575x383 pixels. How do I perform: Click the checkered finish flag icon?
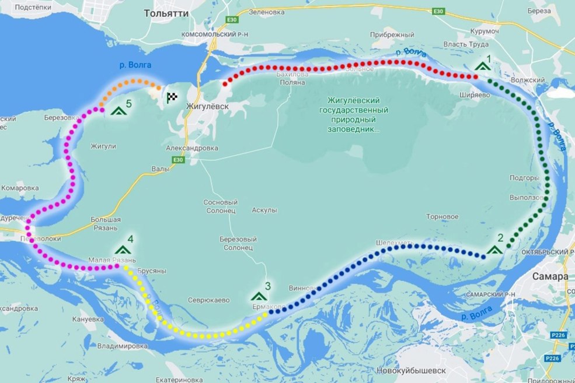[x=172, y=98]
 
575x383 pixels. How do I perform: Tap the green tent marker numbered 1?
[x=482, y=65]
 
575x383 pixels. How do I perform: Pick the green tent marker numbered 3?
[x=257, y=296]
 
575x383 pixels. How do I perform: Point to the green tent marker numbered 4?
[x=123, y=249]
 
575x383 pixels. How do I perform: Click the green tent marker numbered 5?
[x=119, y=110]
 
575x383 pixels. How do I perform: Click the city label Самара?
[x=550, y=276]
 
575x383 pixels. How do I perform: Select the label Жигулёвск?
[x=205, y=107]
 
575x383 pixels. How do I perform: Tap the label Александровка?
[x=192, y=148]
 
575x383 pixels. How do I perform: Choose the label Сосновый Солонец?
[x=219, y=205]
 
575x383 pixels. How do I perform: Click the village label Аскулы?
[x=264, y=210]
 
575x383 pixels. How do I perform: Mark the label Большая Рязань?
[x=106, y=223]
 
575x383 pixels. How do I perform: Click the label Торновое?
[x=442, y=217]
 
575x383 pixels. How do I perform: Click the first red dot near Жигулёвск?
[x=225, y=84]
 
